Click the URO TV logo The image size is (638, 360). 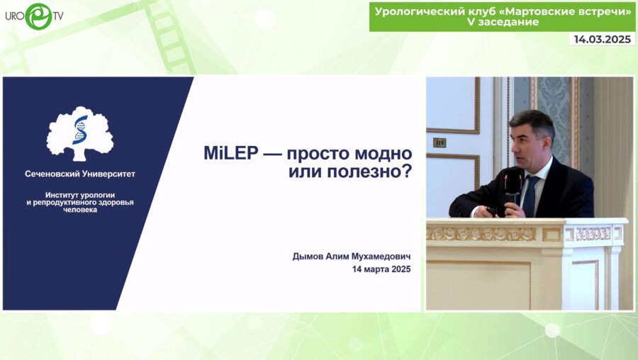point(33,16)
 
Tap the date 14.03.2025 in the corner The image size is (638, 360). point(602,40)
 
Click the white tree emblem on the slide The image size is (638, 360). point(80,133)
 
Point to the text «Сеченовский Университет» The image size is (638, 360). point(79,174)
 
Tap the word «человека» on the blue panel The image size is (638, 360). point(79,210)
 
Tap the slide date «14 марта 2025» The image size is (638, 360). point(381,269)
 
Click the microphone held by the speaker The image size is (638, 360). point(512,186)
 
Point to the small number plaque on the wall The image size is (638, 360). point(440,142)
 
